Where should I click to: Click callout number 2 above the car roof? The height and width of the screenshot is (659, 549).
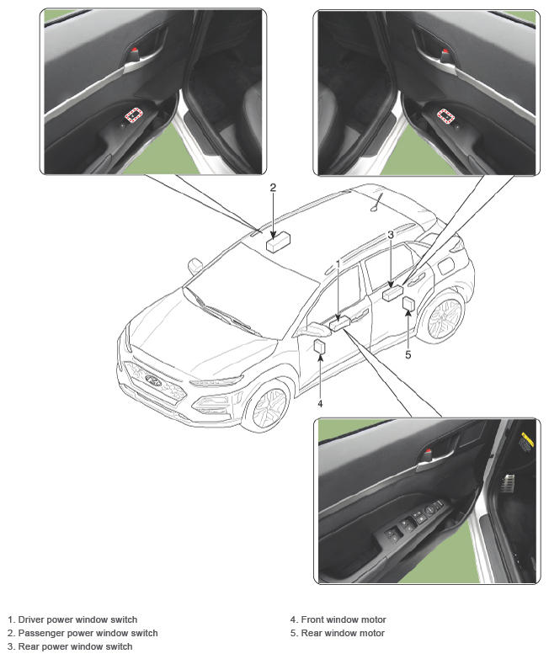pos(274,188)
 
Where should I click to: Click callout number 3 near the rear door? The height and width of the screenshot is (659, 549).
pos(391,235)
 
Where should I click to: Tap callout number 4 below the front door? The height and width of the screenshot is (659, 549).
pos(320,403)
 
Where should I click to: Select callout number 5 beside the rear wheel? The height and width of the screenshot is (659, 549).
pos(408,354)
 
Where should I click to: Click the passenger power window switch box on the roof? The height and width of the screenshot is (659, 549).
pos(278,243)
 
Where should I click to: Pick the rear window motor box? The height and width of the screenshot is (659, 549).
pos(408,304)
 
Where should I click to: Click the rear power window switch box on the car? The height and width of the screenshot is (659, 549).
pos(393,292)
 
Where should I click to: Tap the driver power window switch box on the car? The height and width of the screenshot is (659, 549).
pos(340,324)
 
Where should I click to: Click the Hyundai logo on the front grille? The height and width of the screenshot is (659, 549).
pos(154,380)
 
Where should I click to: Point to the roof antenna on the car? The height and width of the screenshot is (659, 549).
pos(377,202)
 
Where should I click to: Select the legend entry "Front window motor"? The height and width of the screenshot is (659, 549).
pos(338,619)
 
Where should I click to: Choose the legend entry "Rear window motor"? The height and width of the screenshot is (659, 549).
pos(337,633)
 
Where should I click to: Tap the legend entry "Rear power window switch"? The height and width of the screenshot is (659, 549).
pos(70,646)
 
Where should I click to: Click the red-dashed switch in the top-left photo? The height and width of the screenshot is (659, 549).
pos(134,114)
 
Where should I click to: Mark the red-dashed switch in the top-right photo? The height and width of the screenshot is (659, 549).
pos(445,115)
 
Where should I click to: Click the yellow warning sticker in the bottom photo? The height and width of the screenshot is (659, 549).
pos(528,438)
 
